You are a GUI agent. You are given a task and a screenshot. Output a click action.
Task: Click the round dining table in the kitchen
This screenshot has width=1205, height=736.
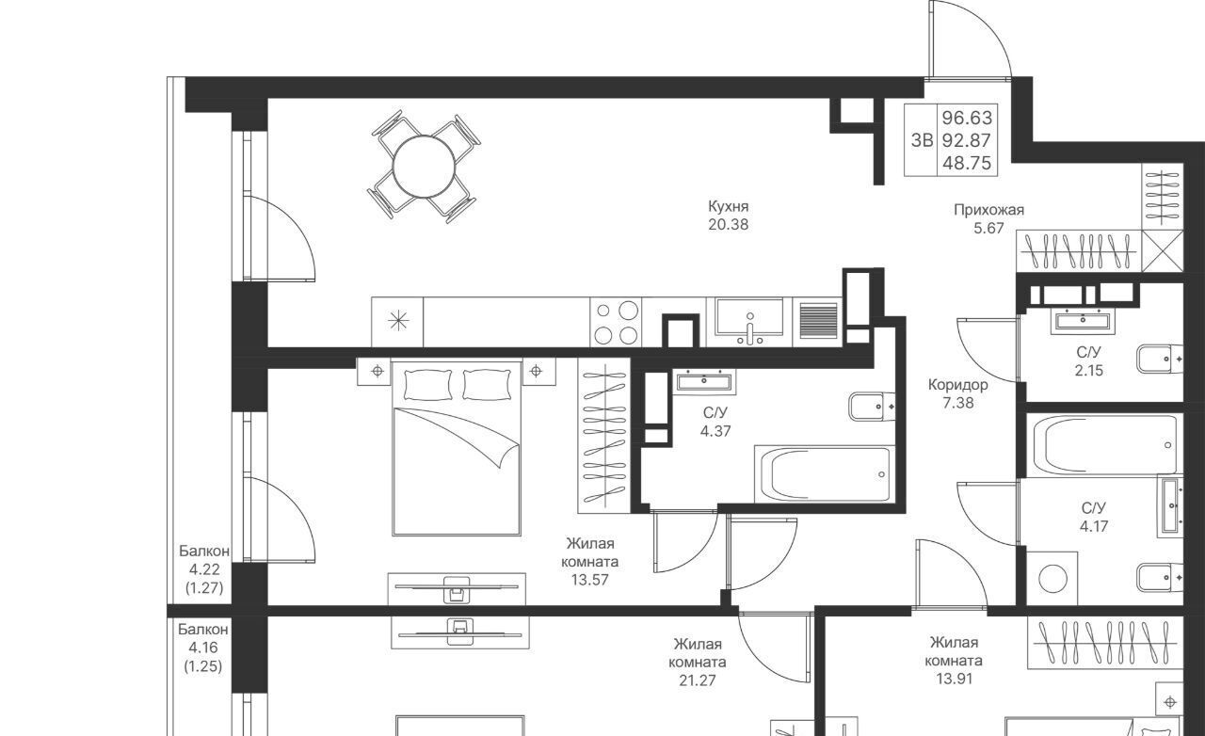pyautogui.click(x=424, y=167)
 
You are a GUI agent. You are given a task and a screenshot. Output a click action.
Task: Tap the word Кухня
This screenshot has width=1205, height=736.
pyautogui.click(x=728, y=207)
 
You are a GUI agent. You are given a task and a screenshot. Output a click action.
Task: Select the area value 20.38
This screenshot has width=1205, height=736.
pyautogui.click(x=728, y=225)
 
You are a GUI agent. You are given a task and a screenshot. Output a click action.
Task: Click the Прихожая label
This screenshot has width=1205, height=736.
pyautogui.click(x=988, y=211)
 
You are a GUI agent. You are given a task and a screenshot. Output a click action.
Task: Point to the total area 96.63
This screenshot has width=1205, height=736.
pyautogui.click(x=967, y=118)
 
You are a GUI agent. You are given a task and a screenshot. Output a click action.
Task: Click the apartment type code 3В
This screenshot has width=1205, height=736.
pyautogui.click(x=922, y=140)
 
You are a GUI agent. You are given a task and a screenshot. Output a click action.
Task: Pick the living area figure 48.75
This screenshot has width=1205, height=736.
pyautogui.click(x=967, y=163)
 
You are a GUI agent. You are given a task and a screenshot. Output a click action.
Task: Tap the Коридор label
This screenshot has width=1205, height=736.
pyautogui.click(x=958, y=385)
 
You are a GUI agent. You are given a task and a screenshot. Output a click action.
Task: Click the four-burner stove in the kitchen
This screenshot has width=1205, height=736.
pyautogui.click(x=616, y=322)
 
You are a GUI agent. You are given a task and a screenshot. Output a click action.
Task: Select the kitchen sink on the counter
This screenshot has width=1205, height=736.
pyautogui.click(x=749, y=322)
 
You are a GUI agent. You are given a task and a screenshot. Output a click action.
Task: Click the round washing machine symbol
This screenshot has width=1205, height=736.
pyautogui.click(x=1052, y=579)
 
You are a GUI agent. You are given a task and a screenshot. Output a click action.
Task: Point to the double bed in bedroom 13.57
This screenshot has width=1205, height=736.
pyautogui.click(x=457, y=448)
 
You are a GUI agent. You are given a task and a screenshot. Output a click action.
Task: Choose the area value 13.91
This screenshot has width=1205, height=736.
pyautogui.click(x=954, y=679)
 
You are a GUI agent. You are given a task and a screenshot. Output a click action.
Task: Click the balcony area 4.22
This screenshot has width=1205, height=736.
pyautogui.click(x=204, y=569)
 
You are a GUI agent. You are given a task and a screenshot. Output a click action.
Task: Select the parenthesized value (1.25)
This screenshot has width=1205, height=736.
pyautogui.click(x=203, y=666)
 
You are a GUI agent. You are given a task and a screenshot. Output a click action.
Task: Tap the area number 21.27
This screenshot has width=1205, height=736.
pyautogui.click(x=698, y=680)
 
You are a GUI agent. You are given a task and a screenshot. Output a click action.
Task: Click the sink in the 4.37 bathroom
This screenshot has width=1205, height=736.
pyautogui.click(x=704, y=382)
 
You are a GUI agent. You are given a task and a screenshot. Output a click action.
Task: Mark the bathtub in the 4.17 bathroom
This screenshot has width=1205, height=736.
pyautogui.click(x=1104, y=445)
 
